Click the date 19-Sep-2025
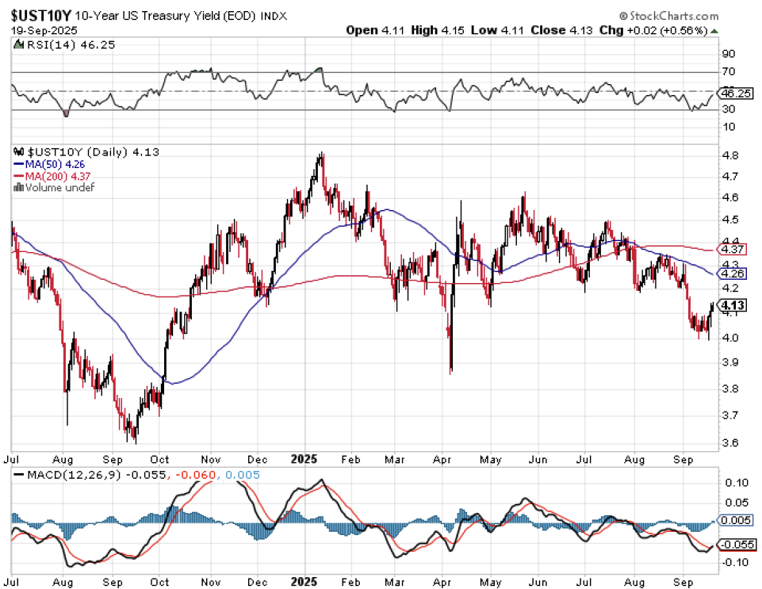point(36,30)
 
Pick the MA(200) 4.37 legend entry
point(53,176)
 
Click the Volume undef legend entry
point(55,187)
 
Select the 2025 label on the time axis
point(304,459)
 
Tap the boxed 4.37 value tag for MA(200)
point(730,249)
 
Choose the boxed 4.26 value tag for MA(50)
point(730,273)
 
